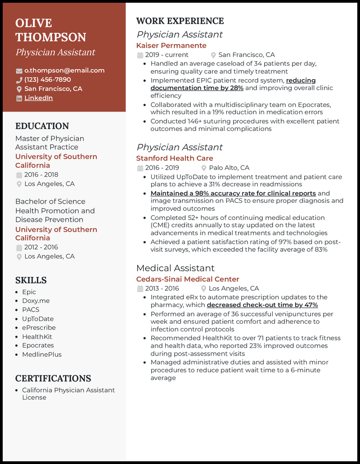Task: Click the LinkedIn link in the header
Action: (x=38, y=98)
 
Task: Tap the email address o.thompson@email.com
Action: (x=64, y=71)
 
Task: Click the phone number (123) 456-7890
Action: (x=48, y=80)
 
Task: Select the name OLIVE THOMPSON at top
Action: (x=50, y=30)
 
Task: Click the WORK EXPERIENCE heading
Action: (x=180, y=21)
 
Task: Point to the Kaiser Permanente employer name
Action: (x=171, y=45)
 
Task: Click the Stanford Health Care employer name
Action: (x=175, y=158)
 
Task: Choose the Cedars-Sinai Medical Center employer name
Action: (x=188, y=279)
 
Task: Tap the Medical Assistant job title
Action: (x=175, y=268)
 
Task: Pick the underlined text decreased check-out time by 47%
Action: (x=262, y=305)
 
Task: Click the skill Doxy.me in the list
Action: (x=36, y=301)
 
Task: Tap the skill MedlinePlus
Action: (x=42, y=354)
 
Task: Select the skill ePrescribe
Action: (x=39, y=327)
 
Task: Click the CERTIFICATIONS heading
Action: (x=53, y=378)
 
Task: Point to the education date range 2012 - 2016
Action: (x=41, y=247)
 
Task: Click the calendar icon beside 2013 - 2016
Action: (x=140, y=289)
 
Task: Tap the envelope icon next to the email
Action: (x=19, y=71)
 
